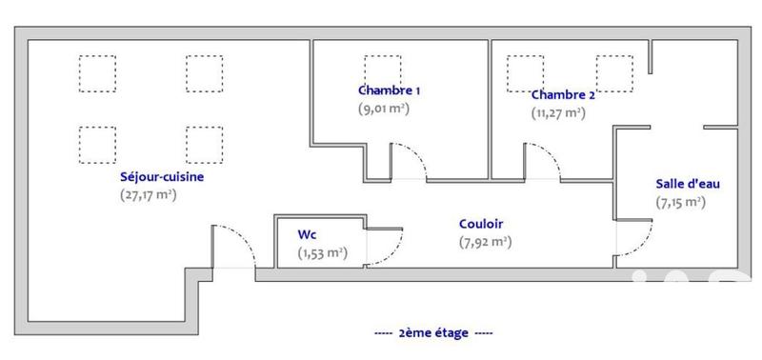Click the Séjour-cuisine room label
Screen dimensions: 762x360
click(162, 176)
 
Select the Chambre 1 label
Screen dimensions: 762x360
click(390, 90)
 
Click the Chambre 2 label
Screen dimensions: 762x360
click(563, 94)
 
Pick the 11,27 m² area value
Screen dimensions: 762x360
click(558, 112)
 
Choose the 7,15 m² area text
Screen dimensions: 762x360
click(680, 201)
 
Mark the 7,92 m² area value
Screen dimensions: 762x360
click(485, 242)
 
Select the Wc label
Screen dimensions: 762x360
click(307, 233)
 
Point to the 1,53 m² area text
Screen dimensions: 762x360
click(322, 252)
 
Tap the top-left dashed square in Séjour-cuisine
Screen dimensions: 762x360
click(95, 73)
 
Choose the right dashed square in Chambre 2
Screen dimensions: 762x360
click(614, 72)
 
